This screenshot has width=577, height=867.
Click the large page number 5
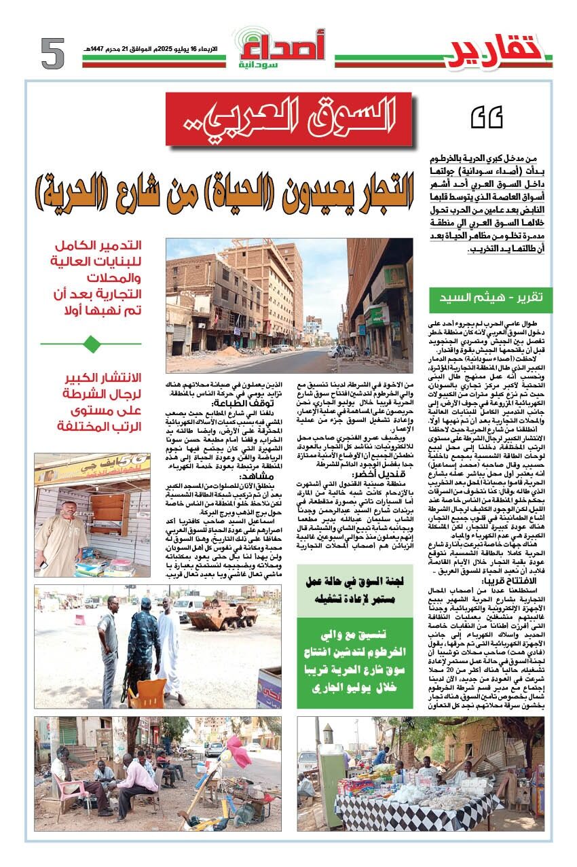pos(52,54)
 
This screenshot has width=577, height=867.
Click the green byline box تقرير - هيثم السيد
pos(491,296)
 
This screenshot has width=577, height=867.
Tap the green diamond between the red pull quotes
pos(91,344)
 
